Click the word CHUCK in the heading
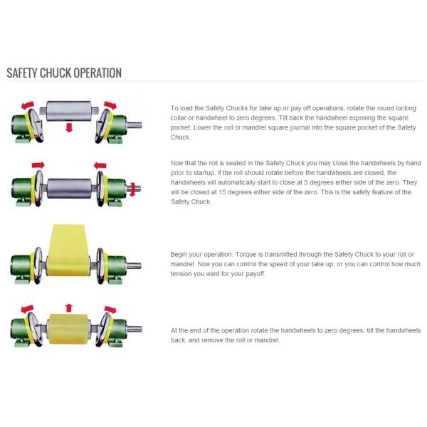tap(56, 73)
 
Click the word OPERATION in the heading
tap(97, 73)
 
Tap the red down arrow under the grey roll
tap(69, 127)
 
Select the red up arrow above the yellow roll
tap(69, 307)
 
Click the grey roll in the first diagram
tap(69, 111)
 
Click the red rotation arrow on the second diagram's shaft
tap(133, 189)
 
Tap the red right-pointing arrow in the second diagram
tap(38, 165)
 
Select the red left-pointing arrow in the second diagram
tap(100, 165)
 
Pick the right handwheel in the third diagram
tap(100, 265)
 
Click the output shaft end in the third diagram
tap(134, 265)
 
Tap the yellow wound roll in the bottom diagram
tap(68, 329)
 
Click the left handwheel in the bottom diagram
tap(36, 329)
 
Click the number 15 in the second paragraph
tap(222, 192)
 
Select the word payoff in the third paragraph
tap(255, 274)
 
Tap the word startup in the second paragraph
tap(204, 173)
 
